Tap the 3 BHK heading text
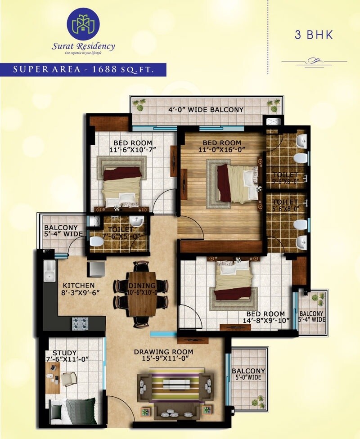click(314, 35)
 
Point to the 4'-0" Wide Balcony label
click(206, 110)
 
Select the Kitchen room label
click(79, 285)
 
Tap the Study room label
click(65, 353)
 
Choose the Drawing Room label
click(163, 352)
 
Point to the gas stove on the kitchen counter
click(80, 323)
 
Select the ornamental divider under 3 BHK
click(314, 61)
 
